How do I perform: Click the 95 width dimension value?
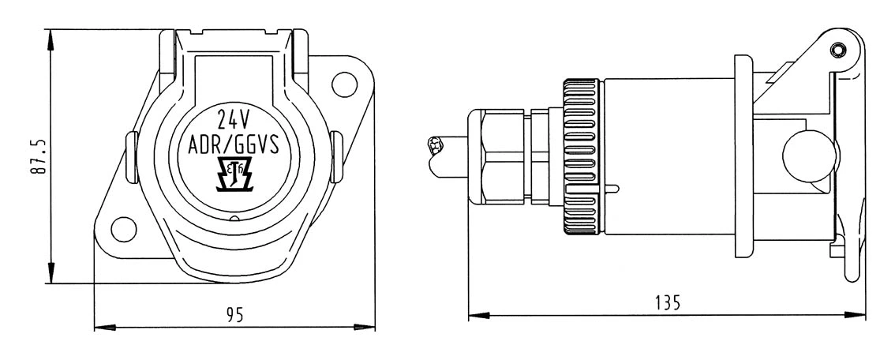tap(234, 314)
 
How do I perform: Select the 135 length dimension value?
tap(667, 302)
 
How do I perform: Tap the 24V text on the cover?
tap(234, 120)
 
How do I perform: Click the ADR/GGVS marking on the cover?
tap(234, 145)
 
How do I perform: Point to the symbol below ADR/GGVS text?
tap(234, 176)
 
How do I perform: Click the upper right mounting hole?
tap(344, 81)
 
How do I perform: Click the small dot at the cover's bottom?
tap(234, 218)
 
